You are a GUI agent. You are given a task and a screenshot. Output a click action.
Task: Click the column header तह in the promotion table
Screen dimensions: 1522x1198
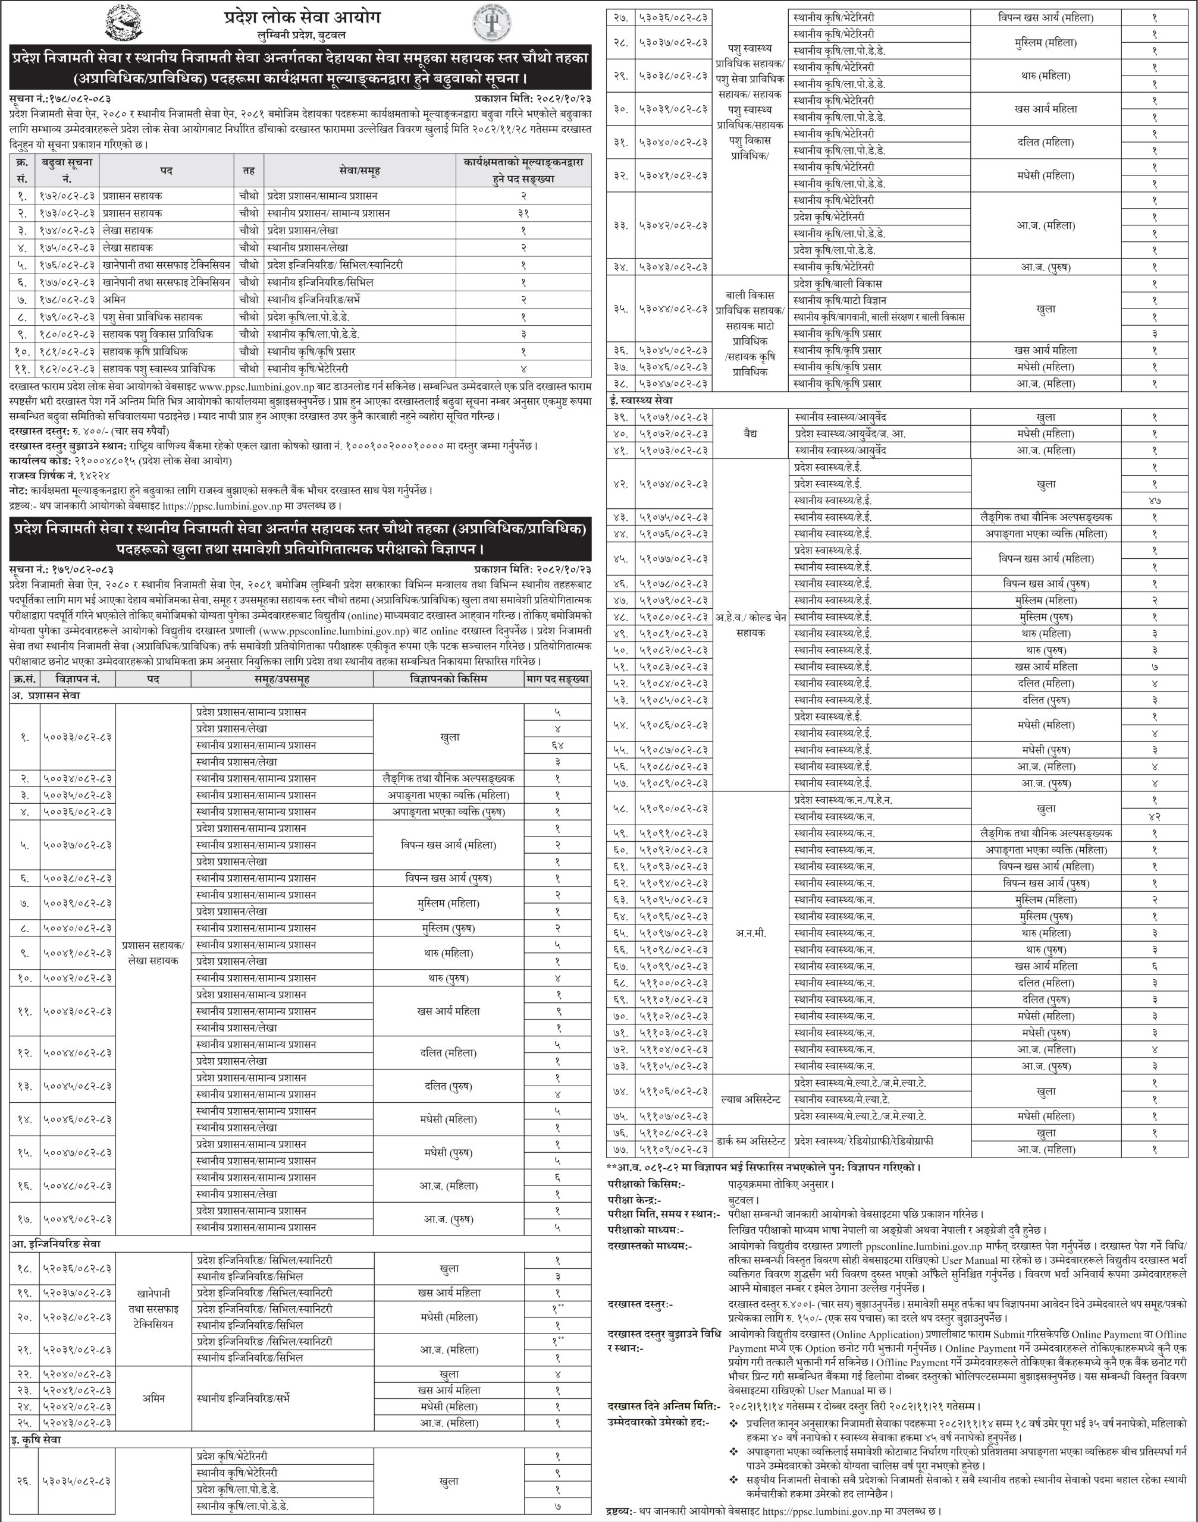tap(249, 171)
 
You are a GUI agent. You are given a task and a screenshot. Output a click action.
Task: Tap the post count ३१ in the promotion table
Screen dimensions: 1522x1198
tap(523, 213)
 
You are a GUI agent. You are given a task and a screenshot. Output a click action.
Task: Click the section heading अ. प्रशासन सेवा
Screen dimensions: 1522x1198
tap(46, 696)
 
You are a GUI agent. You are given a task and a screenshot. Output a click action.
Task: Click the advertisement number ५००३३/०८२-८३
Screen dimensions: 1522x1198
tap(78, 737)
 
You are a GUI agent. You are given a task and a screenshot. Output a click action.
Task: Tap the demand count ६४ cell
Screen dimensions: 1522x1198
tap(557, 745)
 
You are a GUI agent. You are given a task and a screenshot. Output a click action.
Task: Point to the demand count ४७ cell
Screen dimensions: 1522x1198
tap(1155, 501)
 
